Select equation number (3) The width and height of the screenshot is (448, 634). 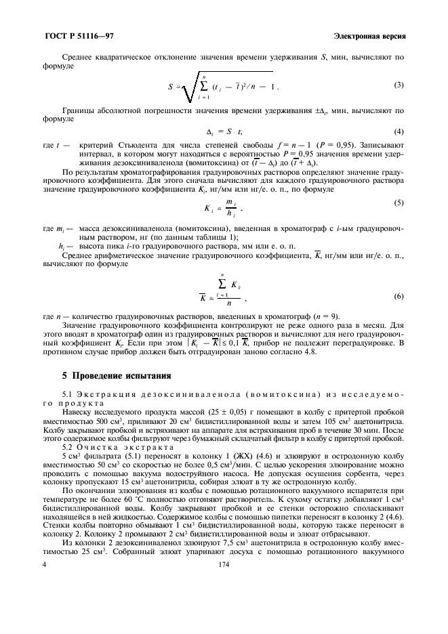point(399,85)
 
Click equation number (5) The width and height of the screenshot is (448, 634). point(399,203)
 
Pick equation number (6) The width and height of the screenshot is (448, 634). point(399,297)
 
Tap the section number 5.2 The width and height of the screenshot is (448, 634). point(67,448)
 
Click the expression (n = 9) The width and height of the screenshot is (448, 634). point(321,316)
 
